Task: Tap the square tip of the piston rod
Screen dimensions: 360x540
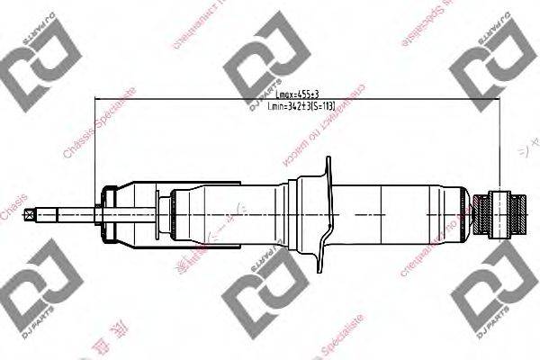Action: pyautogui.click(x=32, y=214)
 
